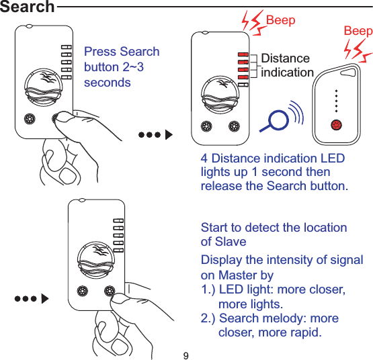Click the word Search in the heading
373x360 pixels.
click(x=28, y=7)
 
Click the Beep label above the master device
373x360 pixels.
click(x=280, y=20)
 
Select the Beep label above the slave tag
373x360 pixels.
click(x=358, y=31)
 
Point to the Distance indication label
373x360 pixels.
click(x=286, y=65)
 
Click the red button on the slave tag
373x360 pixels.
click(x=336, y=124)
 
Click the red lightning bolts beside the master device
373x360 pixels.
click(x=253, y=25)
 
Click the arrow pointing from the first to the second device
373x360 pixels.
click(x=155, y=134)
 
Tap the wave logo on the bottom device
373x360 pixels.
click(x=95, y=258)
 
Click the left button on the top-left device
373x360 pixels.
click(x=29, y=119)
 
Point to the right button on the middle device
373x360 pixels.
click(x=235, y=126)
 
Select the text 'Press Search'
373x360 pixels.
click(x=122, y=52)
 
